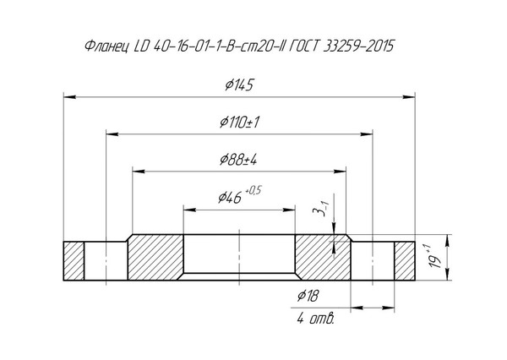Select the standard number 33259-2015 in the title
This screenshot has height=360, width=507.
click(x=359, y=46)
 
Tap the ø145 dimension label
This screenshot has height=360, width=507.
click(x=239, y=85)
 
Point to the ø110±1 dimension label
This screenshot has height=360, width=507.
click(x=240, y=123)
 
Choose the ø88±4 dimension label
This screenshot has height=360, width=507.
click(x=238, y=160)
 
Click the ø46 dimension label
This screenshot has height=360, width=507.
click(x=230, y=197)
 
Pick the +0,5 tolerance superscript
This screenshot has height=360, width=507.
click(x=253, y=191)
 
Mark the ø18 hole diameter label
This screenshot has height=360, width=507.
click(x=308, y=296)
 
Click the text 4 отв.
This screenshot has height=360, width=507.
click(x=315, y=319)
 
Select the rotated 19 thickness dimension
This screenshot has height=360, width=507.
click(x=435, y=256)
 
